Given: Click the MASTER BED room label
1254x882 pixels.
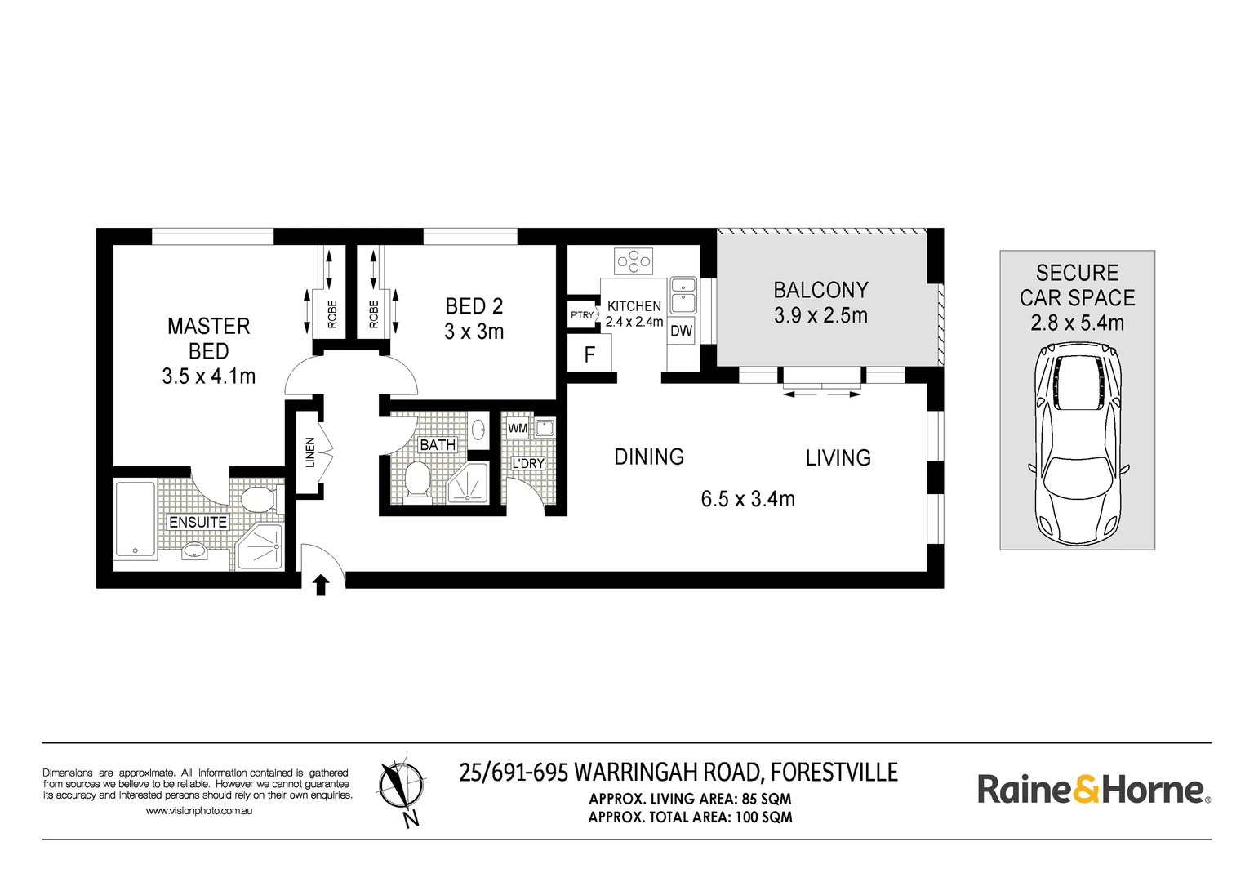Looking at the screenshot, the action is pos(208,338).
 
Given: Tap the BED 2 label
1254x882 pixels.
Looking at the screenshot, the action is pos(474,306).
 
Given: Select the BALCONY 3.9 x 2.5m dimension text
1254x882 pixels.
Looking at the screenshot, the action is pos(820,315).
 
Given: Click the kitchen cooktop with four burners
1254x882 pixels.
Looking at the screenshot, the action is pos(634,261).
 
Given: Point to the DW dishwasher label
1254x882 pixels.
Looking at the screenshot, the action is pos(682,331).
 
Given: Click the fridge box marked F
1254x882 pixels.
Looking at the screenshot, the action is pos(589,354).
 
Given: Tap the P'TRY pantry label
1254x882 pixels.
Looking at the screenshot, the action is pos(581,314).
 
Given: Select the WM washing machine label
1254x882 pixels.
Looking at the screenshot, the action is pos(518,429).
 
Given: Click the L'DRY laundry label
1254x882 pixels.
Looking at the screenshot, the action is pos(528,464).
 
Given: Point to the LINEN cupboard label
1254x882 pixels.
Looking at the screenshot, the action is pos(310,452).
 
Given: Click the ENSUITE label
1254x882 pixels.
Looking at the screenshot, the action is pos(198,522).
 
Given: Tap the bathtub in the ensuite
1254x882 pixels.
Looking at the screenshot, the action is pos(135,519).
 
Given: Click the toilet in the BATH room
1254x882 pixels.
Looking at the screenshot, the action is pos(416,479).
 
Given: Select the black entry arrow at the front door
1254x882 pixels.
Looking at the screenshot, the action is pos(321,586).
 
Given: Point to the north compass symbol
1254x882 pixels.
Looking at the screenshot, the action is pos(400,791).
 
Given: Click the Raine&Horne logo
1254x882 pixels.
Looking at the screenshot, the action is pos(1094,790).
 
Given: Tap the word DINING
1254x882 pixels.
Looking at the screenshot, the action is pos(649,457).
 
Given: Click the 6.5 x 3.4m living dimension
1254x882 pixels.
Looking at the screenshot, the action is pos(748,499).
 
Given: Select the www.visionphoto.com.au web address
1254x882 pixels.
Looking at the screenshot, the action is pos(198,811).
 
